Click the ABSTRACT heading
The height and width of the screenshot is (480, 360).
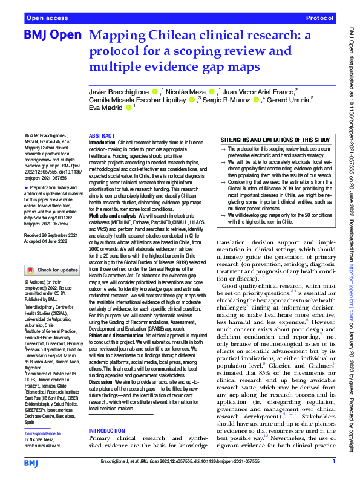pyautogui.click(x=102, y=137)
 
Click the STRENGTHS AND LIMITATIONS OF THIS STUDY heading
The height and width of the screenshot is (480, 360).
pyautogui.click(x=274, y=140)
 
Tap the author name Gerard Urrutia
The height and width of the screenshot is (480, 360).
pyautogui.click(x=287, y=100)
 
